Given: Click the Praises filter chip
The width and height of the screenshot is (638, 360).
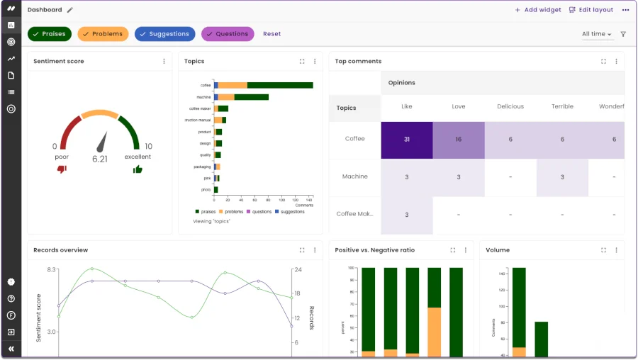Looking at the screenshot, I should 49,34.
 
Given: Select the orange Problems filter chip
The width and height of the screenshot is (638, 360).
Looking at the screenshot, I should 103,34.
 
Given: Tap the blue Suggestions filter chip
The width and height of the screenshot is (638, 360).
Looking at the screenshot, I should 164,34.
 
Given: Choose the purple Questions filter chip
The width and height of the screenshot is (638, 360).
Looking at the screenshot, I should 228,34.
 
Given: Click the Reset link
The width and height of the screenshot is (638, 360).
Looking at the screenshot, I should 272,34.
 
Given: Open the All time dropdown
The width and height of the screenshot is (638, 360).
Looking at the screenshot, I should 596,34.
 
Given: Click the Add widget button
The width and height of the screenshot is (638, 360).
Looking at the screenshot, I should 538,10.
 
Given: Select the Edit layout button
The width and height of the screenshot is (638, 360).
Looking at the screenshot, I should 591,10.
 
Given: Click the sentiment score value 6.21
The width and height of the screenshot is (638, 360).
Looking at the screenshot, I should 100,159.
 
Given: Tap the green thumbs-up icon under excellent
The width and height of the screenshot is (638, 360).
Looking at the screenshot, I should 138,169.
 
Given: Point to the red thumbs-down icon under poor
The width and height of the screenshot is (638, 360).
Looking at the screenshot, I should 62,169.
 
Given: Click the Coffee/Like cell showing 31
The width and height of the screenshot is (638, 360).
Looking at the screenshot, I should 407,140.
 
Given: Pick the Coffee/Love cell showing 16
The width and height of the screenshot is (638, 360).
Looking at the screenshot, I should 459,140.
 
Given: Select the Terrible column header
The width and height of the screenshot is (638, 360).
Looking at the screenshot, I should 562,107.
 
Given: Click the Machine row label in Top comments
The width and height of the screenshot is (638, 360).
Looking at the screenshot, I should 355,176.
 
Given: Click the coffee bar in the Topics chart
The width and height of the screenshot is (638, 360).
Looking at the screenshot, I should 264,85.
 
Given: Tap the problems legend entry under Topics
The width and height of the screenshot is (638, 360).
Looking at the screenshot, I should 231,212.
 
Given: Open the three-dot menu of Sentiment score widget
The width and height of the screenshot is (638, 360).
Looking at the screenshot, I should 164,62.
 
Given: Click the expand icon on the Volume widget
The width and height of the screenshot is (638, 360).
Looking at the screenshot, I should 603,250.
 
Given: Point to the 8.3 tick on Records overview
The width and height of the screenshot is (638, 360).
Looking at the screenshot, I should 52,270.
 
